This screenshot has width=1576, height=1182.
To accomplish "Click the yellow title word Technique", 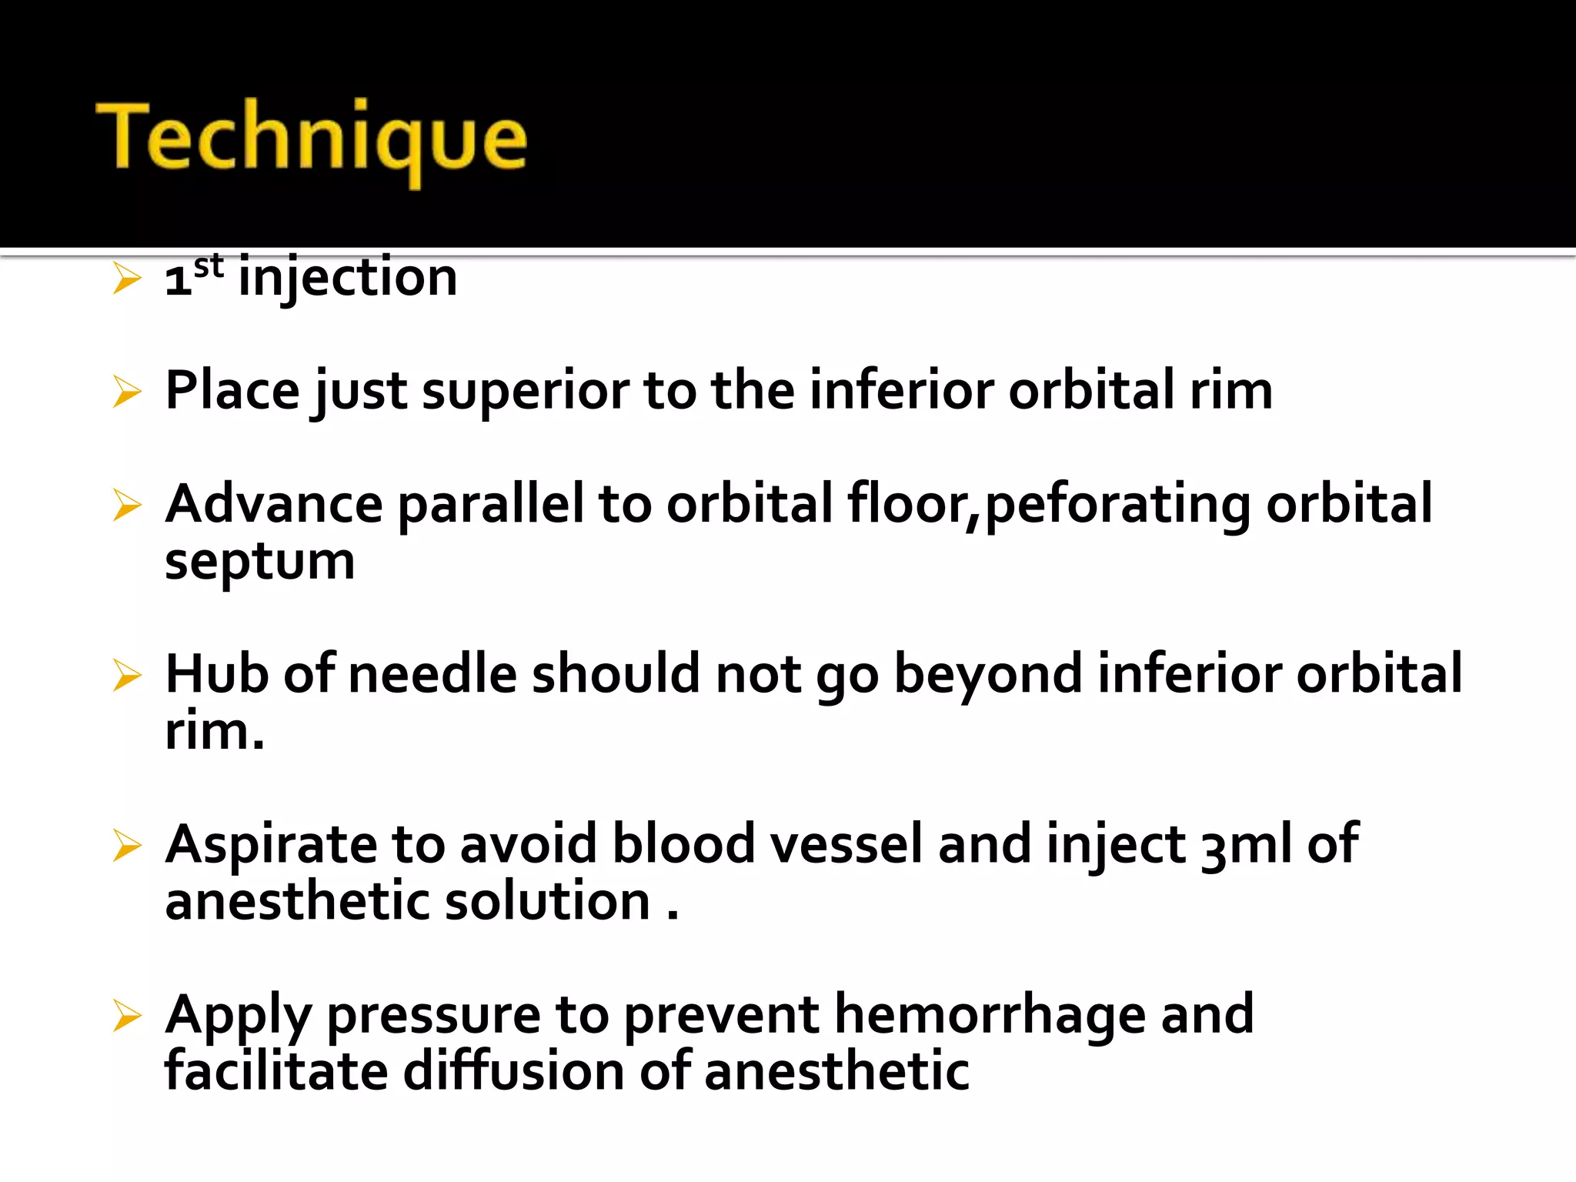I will [312, 139].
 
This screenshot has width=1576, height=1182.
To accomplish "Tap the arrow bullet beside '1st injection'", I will [127, 278].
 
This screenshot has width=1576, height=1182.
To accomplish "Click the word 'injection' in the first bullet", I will [348, 277].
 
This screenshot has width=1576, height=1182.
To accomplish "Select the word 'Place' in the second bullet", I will [232, 390].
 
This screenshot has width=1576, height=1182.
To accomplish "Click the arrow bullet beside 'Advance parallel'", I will [127, 506].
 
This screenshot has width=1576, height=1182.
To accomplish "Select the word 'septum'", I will [259, 563].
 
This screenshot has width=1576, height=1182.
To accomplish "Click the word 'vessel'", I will [846, 844].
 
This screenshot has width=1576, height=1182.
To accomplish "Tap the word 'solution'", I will [547, 901].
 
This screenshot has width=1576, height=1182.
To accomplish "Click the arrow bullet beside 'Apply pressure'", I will [127, 1016].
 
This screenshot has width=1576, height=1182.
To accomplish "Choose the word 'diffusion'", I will [513, 1071].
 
